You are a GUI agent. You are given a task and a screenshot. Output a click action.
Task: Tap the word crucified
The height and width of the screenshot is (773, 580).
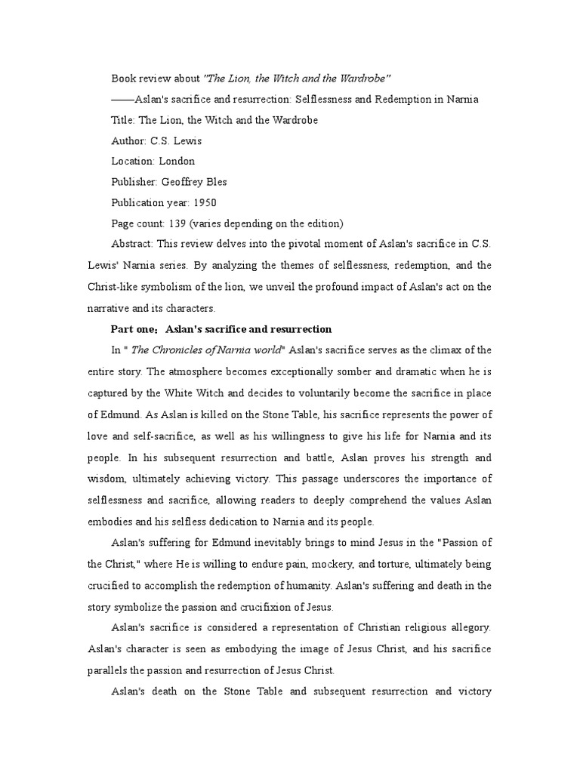110,585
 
